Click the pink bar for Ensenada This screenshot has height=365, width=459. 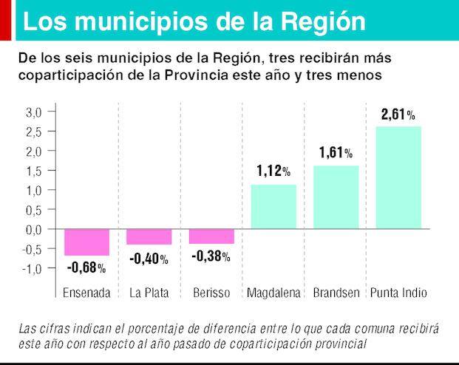pos(86,242)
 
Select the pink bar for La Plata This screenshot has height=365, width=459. pos(149,236)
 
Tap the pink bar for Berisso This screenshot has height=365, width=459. pos(211,236)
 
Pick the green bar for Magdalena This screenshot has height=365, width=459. pos(274,207)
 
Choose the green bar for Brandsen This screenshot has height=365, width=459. pos(336,197)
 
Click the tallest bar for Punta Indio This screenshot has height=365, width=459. pos(398,177)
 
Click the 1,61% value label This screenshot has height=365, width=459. pos(336,154)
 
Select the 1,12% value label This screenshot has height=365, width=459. pos(273,172)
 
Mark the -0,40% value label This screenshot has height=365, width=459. pos(149,259)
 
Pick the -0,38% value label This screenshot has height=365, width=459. pos(211,257)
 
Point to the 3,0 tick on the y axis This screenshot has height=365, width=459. pos(34,112)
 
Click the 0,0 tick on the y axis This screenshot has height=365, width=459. pos(34,229)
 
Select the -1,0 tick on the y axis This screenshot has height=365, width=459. pos(32,268)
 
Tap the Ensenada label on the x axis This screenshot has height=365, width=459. pos(86,293)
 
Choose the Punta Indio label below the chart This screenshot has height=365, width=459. pos(398,293)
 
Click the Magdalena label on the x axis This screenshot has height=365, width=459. pos(274,293)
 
